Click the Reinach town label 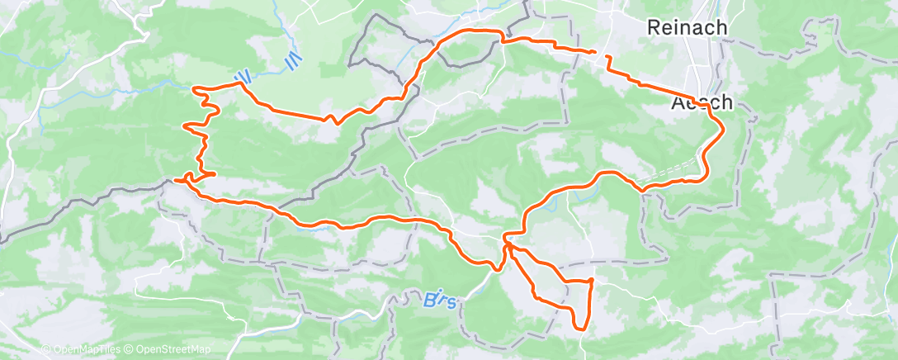(x=687, y=28)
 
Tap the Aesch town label (x=701, y=103)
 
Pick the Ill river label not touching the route (x=290, y=61)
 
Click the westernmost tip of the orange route (x=176, y=179)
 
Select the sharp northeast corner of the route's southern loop (x=592, y=281)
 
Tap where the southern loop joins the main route (x=507, y=243)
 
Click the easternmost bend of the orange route (x=724, y=126)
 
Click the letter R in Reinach (x=653, y=28)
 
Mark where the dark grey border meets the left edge (x=2, y=239)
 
